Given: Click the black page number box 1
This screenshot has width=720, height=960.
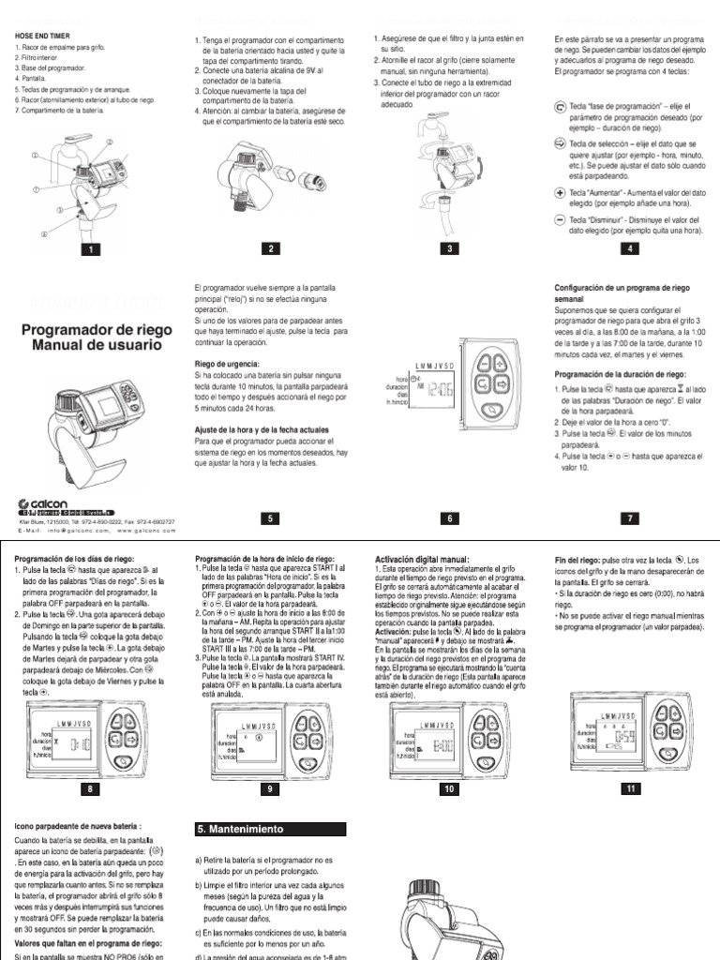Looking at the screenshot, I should [x=91, y=248].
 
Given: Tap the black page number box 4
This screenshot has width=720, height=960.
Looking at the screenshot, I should [x=630, y=248].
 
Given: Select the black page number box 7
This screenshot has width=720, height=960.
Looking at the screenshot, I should [x=630, y=517].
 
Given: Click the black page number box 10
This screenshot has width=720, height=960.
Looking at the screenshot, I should [x=450, y=789].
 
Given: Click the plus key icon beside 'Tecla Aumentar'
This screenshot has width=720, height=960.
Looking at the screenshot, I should [x=560, y=191].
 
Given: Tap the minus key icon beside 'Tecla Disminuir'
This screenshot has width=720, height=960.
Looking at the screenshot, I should [x=560, y=217].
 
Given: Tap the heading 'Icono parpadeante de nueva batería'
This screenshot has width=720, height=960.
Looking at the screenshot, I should [x=78, y=826].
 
